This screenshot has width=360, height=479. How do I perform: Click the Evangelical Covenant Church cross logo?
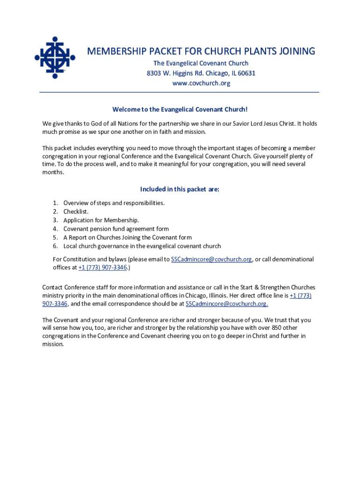55,58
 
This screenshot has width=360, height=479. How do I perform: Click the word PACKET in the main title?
158,51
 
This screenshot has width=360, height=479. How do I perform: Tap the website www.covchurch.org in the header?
201,83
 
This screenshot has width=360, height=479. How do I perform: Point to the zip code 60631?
246,73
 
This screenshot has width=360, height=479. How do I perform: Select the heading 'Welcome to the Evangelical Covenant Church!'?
180,109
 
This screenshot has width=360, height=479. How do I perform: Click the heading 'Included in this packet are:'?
180,189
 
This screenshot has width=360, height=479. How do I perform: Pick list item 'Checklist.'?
76,211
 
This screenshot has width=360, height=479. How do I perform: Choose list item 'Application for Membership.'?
101,220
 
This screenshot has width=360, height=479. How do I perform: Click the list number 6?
55,246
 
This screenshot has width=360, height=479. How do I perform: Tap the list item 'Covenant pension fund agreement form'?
116,229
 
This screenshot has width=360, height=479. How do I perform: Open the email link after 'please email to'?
211,259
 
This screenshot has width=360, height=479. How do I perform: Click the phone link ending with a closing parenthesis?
103,268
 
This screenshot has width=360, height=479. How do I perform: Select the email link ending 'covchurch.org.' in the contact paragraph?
227,304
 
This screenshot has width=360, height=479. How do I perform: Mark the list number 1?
55,203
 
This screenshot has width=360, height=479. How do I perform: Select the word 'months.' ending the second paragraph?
53,172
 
